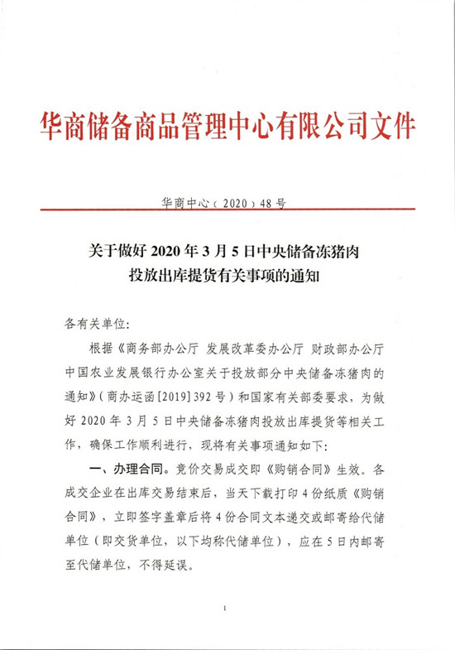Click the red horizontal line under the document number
227,209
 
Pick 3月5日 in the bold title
241,248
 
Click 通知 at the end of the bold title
303,277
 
